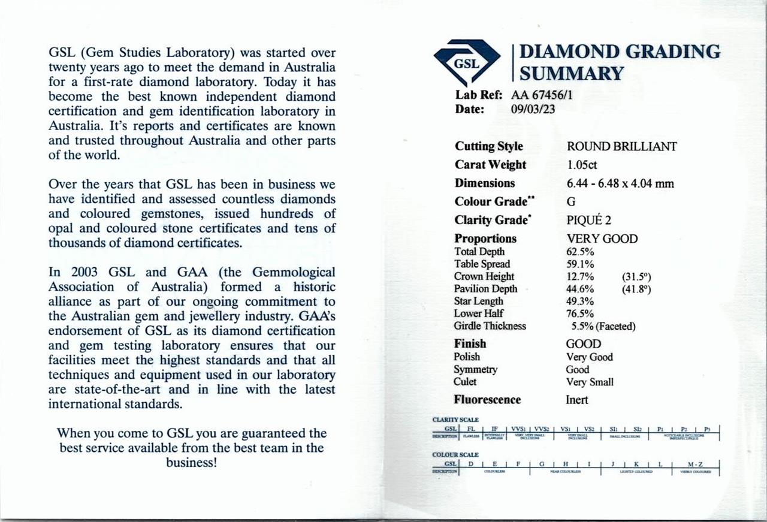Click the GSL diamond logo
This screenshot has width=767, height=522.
tap(467, 61)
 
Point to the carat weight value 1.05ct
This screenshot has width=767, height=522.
tap(582, 165)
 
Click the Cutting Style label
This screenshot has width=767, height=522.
tap(488, 146)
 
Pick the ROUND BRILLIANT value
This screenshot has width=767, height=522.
tap(621, 146)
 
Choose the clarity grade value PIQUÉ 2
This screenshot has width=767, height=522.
tap(589, 220)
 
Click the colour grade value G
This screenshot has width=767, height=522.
tap(571, 202)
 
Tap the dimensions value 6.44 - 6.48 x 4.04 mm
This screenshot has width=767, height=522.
tap(620, 183)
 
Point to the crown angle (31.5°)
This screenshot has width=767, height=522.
tap(637, 276)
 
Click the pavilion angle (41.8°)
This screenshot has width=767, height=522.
tap(637, 289)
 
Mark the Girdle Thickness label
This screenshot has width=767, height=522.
tap(490, 326)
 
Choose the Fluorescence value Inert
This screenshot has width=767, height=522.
tap(577, 400)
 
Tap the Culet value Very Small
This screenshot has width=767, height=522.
tap(590, 382)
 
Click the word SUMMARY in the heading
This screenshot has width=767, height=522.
tap(571, 74)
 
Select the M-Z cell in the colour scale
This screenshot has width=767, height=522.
tap(696, 463)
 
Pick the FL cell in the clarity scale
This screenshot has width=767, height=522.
tap(471, 429)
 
